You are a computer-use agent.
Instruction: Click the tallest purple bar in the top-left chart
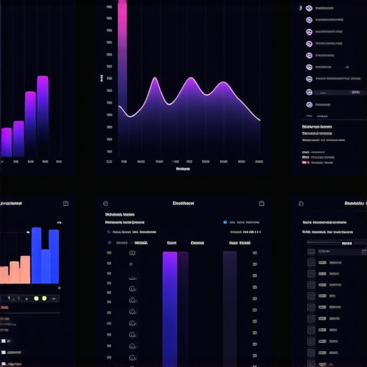click(x=42, y=115)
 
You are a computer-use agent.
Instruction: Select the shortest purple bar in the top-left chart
click(x=6, y=142)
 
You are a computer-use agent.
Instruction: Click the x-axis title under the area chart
click(x=183, y=170)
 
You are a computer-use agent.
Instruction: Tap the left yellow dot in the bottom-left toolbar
click(x=35, y=297)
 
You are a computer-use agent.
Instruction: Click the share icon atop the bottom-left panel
click(x=65, y=204)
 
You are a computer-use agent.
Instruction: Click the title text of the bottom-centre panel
click(x=183, y=204)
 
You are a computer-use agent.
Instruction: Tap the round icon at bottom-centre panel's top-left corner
click(x=105, y=204)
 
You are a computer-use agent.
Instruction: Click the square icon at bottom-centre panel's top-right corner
click(x=260, y=204)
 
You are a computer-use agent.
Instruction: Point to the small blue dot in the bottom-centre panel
click(x=224, y=222)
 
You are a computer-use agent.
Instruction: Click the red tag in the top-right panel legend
click(x=305, y=163)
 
